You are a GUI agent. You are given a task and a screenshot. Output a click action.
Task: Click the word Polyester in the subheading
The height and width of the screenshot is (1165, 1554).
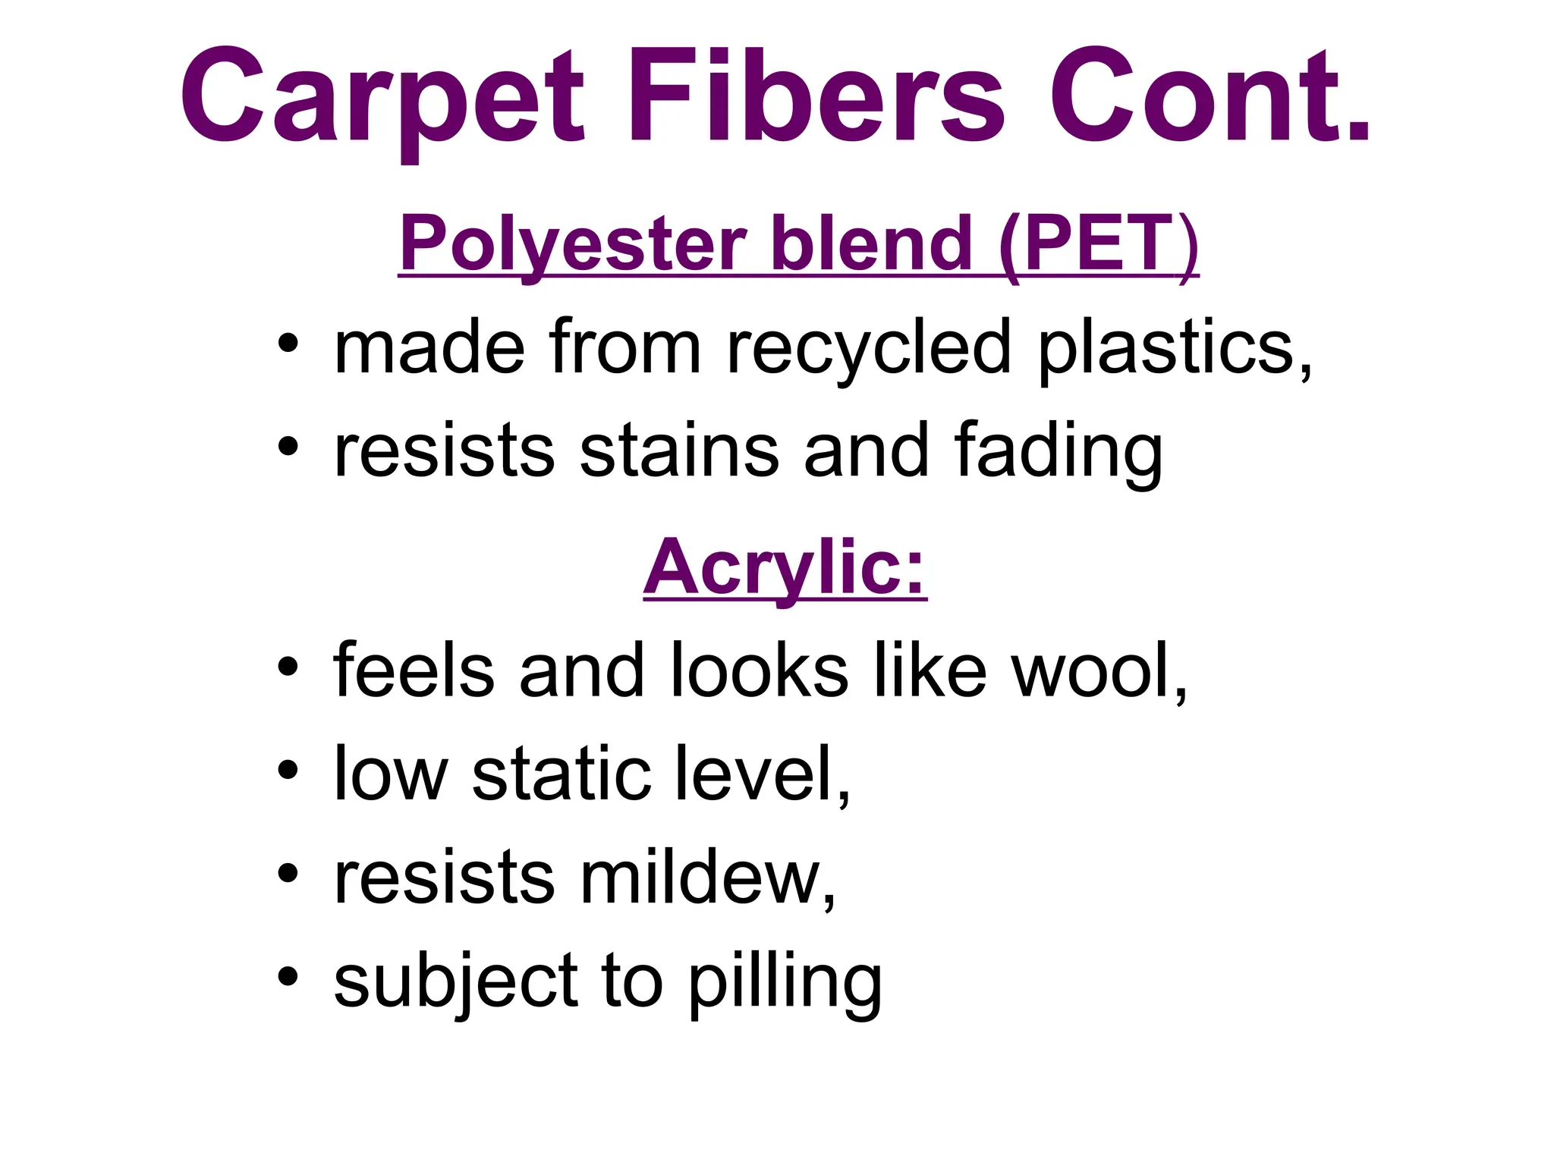[x=574, y=244]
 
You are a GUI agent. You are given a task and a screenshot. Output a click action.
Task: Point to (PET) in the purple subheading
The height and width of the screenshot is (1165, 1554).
[x=1098, y=244]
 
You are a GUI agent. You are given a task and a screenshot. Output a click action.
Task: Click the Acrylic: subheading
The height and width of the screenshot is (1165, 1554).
[x=785, y=567]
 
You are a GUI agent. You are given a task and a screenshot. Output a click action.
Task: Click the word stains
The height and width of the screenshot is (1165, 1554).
[x=679, y=451]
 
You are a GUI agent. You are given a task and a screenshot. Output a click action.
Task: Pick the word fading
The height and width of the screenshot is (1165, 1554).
[x=1059, y=452]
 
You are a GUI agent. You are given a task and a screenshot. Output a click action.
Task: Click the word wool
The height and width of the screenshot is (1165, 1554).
[x=1099, y=670]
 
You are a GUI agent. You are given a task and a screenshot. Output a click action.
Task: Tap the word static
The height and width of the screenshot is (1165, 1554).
[x=562, y=774]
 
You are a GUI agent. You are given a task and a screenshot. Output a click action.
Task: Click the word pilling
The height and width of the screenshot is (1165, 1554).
[x=785, y=983]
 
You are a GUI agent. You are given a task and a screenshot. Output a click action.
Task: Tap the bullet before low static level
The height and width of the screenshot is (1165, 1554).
[x=288, y=771]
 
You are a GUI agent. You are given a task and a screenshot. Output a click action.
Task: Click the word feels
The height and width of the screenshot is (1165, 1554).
[x=414, y=670]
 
